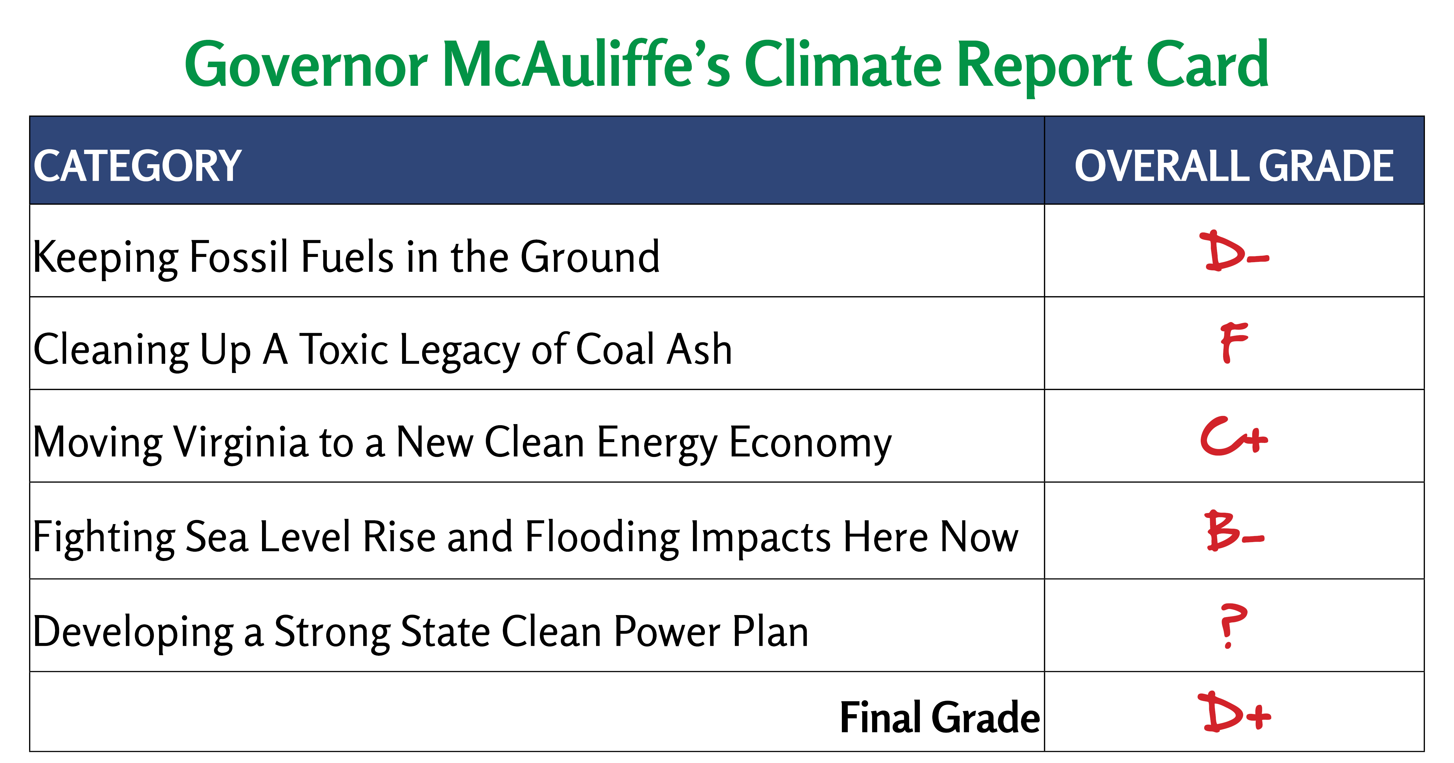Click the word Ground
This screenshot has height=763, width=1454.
pos(590,257)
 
